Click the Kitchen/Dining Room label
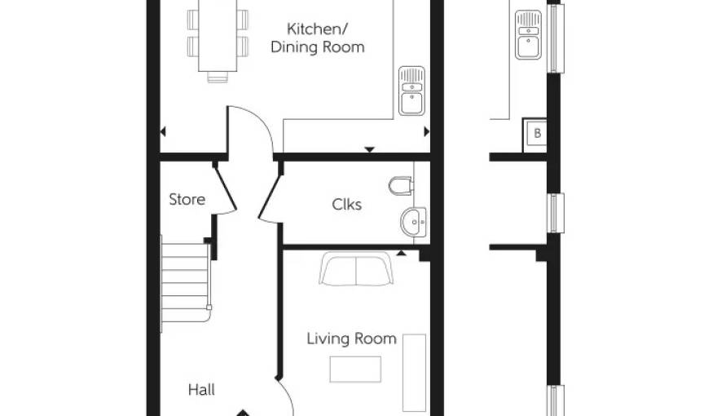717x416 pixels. pos(317,38)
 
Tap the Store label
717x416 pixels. pos(187,200)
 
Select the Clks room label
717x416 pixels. pos(346,204)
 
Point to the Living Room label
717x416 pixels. pos(351,339)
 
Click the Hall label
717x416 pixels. pos(201,390)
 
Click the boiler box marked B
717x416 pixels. pos(535,135)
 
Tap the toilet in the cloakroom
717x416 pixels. pos(402,186)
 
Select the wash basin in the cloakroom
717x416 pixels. pos(414,222)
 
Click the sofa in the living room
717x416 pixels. pos(356,269)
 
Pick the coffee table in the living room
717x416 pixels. pos(355,370)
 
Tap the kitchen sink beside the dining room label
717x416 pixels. pos(411,91)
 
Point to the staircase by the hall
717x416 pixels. pos(185,284)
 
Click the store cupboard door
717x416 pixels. pos(225,188)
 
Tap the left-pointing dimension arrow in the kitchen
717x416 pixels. pos(163,132)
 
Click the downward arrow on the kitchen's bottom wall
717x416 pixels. pos(369,149)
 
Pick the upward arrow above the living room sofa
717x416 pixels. pos(401,253)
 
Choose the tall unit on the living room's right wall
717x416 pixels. pos(414,373)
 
